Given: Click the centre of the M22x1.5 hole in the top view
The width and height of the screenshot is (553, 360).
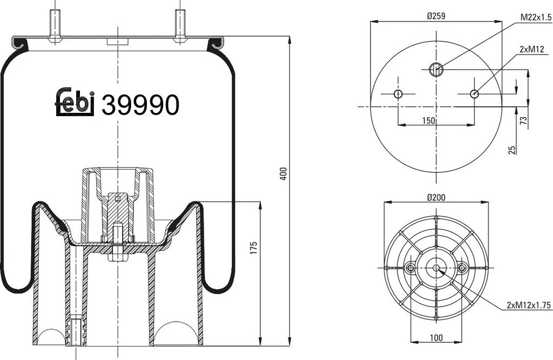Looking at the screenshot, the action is point(436,69).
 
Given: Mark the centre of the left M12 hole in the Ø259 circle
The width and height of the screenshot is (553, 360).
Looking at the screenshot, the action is point(398,94).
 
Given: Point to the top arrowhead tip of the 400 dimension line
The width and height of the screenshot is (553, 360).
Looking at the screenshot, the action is point(290,36).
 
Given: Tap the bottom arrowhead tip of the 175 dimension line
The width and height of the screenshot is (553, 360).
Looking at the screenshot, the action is point(260,347).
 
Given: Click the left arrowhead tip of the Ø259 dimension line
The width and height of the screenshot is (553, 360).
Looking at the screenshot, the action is point(370,22).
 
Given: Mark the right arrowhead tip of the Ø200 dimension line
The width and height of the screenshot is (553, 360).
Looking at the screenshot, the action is point(488,202).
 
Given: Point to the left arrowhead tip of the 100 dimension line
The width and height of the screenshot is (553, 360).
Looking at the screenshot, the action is point(411,342).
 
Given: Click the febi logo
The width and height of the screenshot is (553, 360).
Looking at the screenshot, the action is point(75,101).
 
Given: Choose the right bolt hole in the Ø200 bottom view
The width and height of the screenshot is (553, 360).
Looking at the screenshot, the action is point(462,268).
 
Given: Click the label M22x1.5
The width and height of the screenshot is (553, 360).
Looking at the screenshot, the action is point(536,17).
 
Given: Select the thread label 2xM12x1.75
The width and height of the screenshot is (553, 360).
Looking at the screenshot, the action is point(529,305).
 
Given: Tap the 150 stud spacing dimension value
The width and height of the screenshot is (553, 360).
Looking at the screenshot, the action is point(428,120).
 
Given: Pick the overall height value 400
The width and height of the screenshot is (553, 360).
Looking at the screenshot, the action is point(284,174).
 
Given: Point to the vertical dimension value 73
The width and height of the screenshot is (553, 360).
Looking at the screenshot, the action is point(524,120).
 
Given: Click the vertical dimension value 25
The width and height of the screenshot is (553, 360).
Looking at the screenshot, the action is point(512,150).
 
